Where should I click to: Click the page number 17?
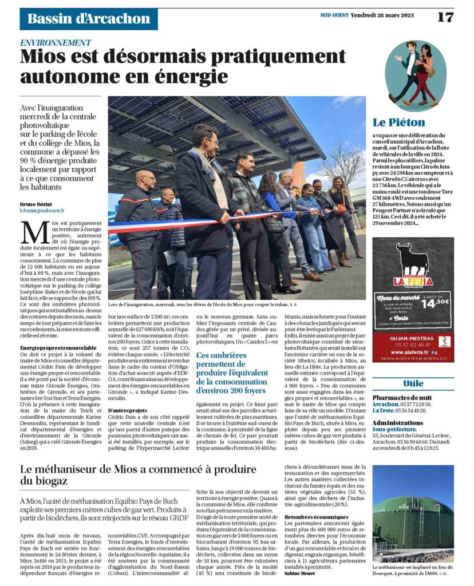pos(445,17)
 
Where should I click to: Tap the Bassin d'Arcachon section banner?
pos(89,18)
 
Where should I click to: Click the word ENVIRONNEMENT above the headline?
pos(56,43)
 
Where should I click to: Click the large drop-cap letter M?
pos(32,232)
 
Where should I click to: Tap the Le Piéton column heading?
pos(399,122)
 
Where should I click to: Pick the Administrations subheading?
pos(397,422)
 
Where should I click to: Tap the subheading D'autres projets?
pos(125,410)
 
